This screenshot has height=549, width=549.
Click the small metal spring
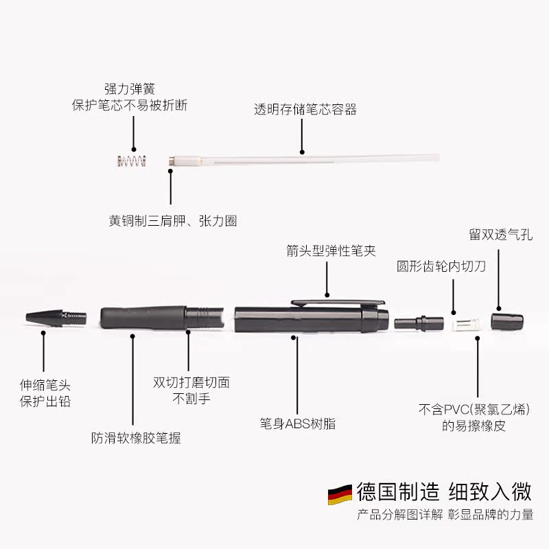coord(131,162)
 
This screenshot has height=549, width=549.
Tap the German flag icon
coord(340,494)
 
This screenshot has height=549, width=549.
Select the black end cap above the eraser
coord(507,320)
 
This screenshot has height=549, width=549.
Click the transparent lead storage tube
coord(309,160)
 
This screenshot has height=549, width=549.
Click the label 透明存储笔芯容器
coord(305,110)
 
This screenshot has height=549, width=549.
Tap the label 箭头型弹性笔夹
coord(331,250)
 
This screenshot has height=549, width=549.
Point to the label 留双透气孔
coord(500,235)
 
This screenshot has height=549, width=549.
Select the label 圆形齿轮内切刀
coord(441,266)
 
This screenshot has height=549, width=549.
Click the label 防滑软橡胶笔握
coord(137,437)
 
